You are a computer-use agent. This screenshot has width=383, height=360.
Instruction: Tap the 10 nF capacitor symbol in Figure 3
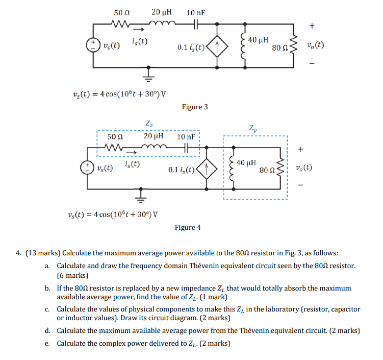pos(196,24)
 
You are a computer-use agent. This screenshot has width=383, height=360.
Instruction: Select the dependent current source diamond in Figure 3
pos(217,46)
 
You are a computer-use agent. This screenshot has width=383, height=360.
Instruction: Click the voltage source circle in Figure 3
pos(93,45)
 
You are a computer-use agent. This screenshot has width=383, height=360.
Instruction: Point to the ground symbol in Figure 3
pos(148,75)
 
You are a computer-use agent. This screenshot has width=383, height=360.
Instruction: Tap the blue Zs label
pos(149,123)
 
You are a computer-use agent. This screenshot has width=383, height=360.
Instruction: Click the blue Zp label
pos(253,128)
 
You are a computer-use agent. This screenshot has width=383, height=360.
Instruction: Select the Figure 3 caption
pos(195,107)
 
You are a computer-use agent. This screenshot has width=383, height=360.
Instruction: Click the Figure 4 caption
pos(188,227)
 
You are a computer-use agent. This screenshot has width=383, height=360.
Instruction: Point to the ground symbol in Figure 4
pos(140,196)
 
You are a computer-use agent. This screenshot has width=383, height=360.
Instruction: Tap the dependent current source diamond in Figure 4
pos(207,169)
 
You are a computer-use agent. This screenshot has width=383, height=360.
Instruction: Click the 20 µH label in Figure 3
pos(162,12)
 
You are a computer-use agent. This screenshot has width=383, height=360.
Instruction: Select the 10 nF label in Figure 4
pos(186,137)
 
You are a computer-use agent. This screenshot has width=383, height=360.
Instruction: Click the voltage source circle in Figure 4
pos(87,167)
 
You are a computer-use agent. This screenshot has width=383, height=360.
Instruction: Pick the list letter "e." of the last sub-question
pos(47,344)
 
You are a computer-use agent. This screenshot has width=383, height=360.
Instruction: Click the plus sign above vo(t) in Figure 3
pos(312,26)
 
